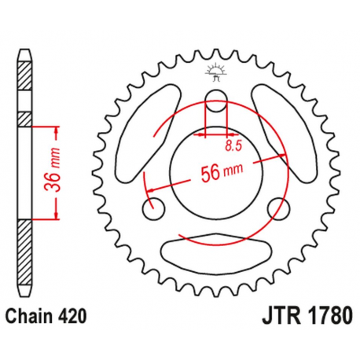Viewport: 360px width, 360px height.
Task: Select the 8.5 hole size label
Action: [232, 145]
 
